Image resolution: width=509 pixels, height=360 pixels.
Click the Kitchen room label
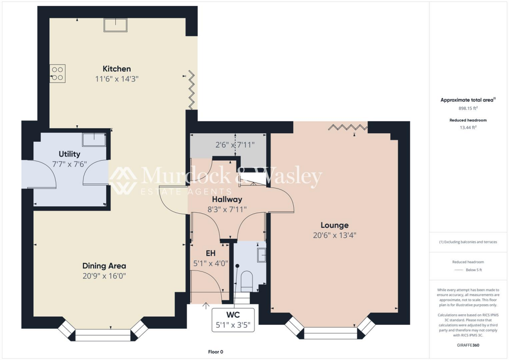(117, 69)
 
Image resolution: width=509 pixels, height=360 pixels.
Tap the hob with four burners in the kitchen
(58, 74)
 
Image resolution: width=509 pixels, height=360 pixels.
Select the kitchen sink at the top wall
(115, 25)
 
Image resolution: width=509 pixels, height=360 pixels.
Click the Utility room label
(69, 154)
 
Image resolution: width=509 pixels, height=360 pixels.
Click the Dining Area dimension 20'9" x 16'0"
(104, 275)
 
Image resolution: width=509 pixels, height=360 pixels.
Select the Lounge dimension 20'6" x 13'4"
(335, 235)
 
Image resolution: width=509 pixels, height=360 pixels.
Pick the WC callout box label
(233, 315)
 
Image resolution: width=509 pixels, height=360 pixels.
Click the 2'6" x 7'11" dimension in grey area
(235, 145)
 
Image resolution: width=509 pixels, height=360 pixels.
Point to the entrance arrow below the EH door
(206, 306)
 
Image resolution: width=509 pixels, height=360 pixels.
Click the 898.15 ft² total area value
(468, 108)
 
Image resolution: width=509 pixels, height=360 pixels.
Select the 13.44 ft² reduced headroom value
(468, 127)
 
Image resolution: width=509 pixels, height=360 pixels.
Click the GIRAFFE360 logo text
(468, 345)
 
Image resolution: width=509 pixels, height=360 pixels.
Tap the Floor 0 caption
(216, 352)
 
